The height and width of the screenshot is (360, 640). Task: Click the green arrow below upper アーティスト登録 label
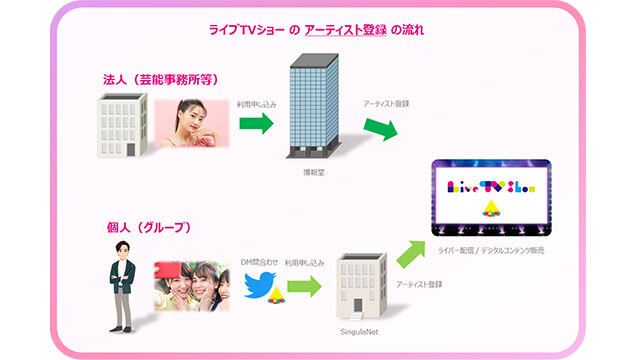(x=381, y=128)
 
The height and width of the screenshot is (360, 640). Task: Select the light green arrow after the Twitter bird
(x=305, y=287)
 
